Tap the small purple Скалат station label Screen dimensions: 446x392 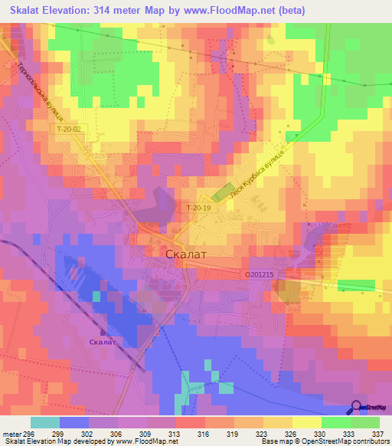(x=102, y=342)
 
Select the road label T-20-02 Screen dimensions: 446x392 (x=68, y=130)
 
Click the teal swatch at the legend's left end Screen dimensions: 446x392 (x=45, y=421)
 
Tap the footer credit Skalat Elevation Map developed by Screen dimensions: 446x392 (x=57, y=441)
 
